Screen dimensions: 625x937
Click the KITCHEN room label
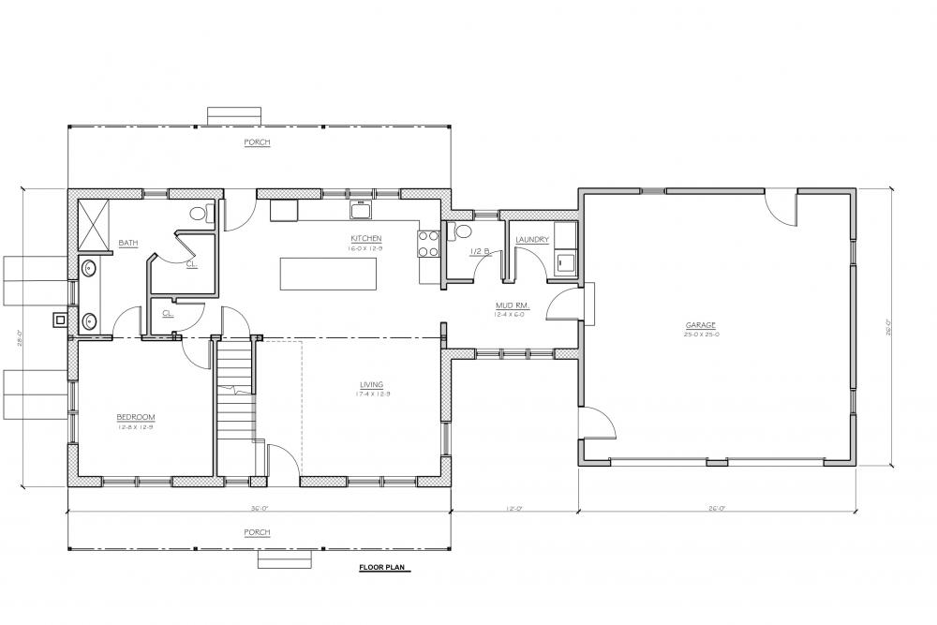tap(366, 238)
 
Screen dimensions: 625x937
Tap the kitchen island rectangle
tap(328, 275)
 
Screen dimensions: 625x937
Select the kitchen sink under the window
tap(360, 206)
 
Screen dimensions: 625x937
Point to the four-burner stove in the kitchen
tap(428, 244)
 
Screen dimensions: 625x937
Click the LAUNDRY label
tap(531, 240)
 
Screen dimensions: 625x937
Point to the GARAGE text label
tap(701, 325)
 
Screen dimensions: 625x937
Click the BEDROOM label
tap(135, 417)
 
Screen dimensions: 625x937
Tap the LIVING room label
tap(371, 384)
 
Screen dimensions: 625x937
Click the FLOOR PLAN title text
tap(384, 567)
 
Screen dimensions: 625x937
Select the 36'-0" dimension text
tap(259, 510)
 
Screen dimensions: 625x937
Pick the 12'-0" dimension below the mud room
tap(513, 510)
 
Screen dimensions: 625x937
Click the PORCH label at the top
tap(257, 142)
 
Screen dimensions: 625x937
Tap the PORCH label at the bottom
tap(257, 532)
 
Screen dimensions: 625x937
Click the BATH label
tap(128, 244)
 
